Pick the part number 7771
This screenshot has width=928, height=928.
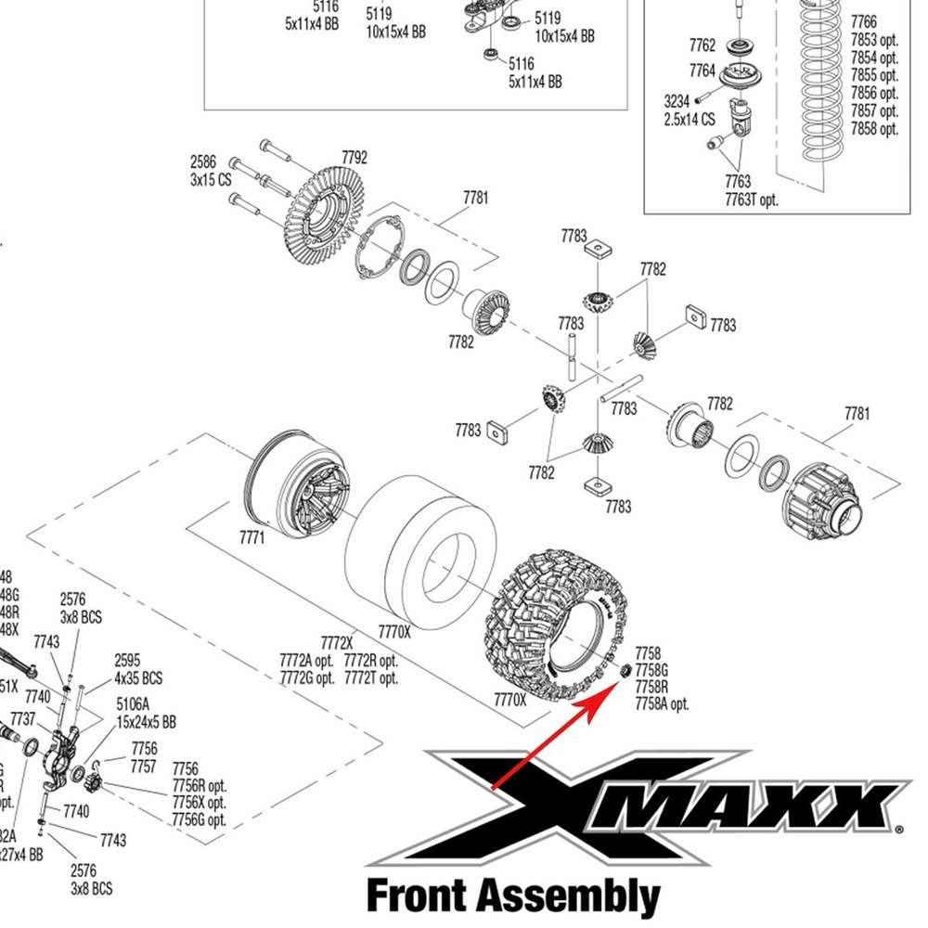(x=252, y=537)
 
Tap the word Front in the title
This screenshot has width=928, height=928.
(x=414, y=897)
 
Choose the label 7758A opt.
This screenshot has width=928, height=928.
(x=663, y=704)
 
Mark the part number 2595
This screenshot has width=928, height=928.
(x=128, y=661)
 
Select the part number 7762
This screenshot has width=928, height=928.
(x=702, y=45)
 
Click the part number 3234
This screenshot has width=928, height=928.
(x=677, y=101)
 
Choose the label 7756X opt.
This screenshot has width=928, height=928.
(x=200, y=803)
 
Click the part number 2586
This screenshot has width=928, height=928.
(x=204, y=161)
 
